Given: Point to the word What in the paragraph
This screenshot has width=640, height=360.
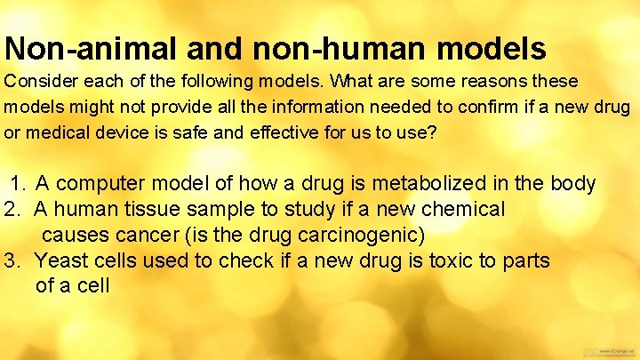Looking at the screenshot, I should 349,82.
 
